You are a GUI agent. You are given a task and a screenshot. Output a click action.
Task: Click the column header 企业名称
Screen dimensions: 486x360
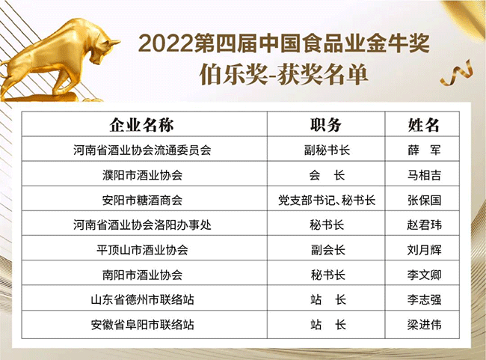click(141, 125)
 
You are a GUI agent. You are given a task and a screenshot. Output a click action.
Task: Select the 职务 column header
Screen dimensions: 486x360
click(326, 125)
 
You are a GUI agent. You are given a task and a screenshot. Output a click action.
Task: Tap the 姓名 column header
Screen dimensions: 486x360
click(423, 125)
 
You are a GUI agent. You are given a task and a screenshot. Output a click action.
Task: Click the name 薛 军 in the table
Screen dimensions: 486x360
click(424, 150)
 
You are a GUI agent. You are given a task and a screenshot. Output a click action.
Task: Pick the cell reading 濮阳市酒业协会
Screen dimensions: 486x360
click(142, 175)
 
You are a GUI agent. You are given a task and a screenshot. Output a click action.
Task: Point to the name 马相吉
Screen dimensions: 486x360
click(424, 175)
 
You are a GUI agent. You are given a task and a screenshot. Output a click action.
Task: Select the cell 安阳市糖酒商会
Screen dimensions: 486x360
click(142, 200)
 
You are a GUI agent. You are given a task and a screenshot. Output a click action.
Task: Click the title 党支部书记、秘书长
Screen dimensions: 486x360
click(327, 200)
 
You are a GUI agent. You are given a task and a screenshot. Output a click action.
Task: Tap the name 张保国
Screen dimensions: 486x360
click(424, 200)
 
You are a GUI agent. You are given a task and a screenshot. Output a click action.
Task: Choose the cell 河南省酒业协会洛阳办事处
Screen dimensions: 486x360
click(142, 225)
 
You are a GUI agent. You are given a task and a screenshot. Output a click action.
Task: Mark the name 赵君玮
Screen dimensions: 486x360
click(424, 225)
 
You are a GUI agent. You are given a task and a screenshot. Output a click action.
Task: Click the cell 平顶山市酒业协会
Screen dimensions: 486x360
click(142, 250)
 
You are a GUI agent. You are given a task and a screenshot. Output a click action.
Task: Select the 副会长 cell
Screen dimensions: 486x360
click(328, 250)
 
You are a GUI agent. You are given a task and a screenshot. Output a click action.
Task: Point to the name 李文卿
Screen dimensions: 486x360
click(424, 275)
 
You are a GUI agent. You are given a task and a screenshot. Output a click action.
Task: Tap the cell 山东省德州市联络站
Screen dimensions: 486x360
click(142, 300)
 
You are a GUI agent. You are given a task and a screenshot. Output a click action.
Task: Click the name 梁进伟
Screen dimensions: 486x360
click(424, 325)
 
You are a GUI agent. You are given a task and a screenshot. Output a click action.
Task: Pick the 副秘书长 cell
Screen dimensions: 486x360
click(327, 150)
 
